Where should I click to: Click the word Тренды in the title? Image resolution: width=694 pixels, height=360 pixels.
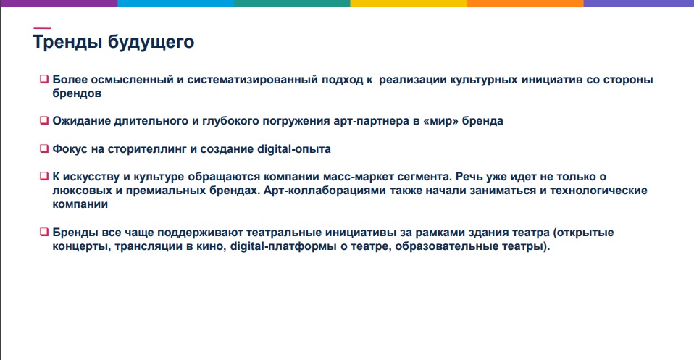point(68,42)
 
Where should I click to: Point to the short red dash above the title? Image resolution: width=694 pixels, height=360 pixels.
point(42,28)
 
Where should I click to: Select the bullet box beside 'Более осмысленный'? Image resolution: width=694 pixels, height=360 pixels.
point(43,79)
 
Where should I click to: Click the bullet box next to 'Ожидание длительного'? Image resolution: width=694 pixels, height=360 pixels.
point(43,120)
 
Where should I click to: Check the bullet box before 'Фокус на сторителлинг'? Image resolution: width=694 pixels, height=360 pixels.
point(43,148)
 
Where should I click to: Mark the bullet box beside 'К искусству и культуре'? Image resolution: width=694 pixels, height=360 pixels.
point(43,176)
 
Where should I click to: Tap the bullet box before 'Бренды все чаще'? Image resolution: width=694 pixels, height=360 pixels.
point(43,232)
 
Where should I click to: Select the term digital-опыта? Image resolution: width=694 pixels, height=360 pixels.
point(294,149)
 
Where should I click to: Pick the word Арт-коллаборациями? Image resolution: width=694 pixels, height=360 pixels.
point(325,191)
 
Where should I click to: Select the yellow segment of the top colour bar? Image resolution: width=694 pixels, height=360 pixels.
point(409,4)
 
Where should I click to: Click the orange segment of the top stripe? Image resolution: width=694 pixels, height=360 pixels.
point(525,4)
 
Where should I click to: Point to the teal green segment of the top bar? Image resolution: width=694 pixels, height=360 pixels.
point(292,4)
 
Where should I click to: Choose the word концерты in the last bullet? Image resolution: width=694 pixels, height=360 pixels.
point(81,247)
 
